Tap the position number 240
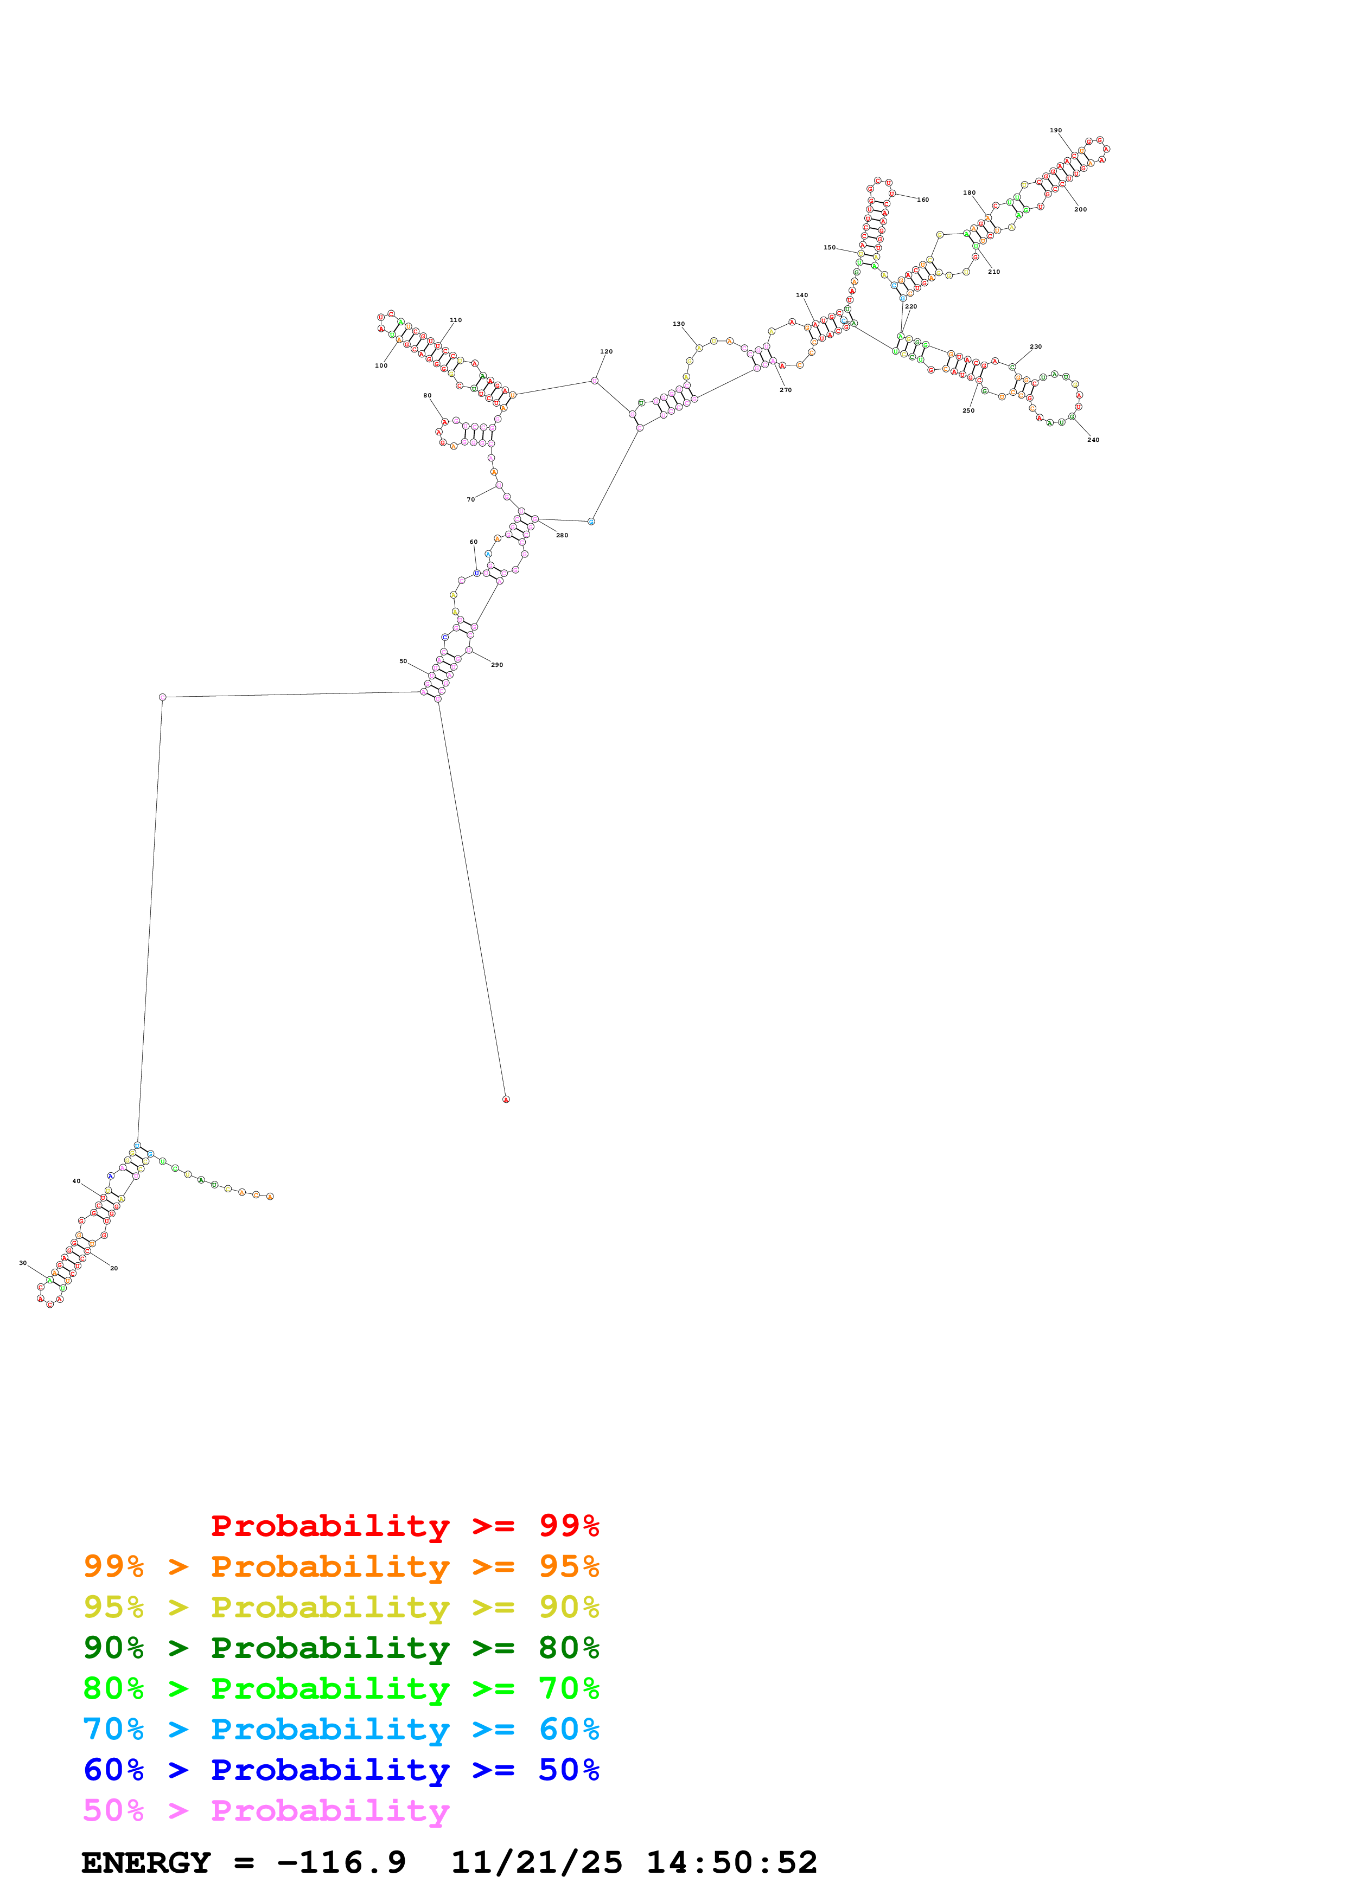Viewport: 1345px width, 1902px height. point(1093,440)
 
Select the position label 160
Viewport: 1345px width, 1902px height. point(922,200)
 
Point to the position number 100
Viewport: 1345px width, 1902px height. point(381,365)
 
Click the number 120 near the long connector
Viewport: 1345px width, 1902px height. point(606,352)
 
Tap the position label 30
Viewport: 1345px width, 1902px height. point(23,1263)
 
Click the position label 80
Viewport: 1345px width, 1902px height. point(428,396)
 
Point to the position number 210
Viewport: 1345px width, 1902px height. point(993,272)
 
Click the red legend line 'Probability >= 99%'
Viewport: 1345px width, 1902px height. point(404,1526)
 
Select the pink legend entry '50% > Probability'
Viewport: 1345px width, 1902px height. point(265,1811)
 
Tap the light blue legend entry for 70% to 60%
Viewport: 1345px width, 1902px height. point(341,1730)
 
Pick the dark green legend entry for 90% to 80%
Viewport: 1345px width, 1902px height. point(341,1648)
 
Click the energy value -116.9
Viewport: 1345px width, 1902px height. point(341,1863)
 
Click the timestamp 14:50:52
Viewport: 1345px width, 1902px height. point(732,1863)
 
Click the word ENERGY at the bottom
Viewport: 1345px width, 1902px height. point(146,1863)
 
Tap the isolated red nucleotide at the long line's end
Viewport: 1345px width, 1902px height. point(506,1099)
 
